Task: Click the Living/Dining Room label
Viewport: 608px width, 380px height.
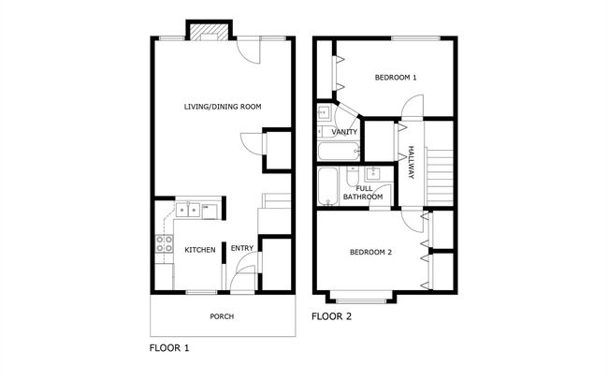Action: (223, 107)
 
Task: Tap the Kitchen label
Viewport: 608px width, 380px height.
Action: (199, 250)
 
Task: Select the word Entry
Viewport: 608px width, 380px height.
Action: (242, 248)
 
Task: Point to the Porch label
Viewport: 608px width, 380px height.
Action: (222, 316)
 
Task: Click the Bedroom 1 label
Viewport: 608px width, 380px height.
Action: (396, 78)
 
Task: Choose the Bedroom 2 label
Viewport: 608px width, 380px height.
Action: (370, 253)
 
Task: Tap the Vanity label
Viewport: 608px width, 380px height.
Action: (344, 132)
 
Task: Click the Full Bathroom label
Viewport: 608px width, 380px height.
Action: (363, 193)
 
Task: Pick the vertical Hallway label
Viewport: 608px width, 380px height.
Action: (411, 162)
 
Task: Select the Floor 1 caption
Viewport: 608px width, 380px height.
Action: (169, 348)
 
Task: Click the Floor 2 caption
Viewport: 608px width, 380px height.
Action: (331, 316)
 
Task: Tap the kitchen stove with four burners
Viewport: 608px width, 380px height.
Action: (164, 243)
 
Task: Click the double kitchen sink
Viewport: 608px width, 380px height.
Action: (188, 210)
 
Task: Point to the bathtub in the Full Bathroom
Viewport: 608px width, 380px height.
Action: (327, 186)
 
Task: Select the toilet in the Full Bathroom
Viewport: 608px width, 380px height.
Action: (353, 177)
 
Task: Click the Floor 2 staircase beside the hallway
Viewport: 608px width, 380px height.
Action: (440, 177)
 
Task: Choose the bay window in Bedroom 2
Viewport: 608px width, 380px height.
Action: (361, 298)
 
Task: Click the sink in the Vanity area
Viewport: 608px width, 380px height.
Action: (324, 112)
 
